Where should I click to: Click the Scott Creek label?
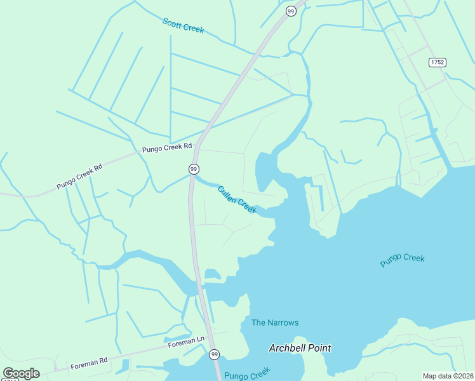coord(183,25)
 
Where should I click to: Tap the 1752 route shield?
coord(437,62)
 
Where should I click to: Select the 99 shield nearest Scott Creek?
coord(290,11)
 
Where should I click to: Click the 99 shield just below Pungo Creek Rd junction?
coord(194,168)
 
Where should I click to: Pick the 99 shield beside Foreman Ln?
coord(214,354)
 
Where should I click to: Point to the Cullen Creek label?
coord(236,199)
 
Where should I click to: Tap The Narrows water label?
coord(274,323)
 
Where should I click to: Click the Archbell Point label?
coord(300,348)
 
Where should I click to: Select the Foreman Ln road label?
coord(186,342)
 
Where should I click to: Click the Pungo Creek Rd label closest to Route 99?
coord(167,147)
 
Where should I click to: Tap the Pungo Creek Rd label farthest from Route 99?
coord(79,177)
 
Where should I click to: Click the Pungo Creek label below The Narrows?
coord(247,372)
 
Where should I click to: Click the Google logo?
coord(21,373)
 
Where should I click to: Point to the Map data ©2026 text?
coord(448,376)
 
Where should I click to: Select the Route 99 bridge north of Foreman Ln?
coord(199,287)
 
